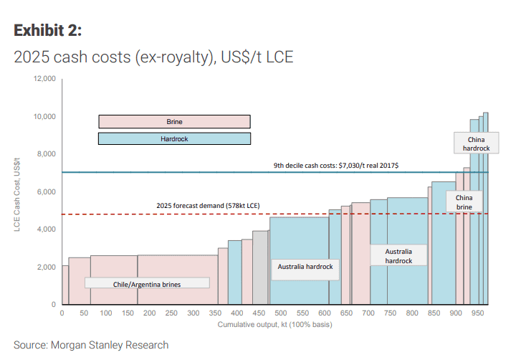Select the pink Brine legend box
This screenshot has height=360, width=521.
pyautogui.click(x=174, y=121)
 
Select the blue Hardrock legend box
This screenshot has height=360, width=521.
pyautogui.click(x=174, y=138)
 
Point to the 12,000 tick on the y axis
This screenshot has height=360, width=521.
pyautogui.click(x=44, y=79)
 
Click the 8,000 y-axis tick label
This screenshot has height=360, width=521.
pyautogui.click(x=46, y=154)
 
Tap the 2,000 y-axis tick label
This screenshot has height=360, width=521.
pyautogui.click(x=46, y=267)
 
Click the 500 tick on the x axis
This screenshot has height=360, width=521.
pyautogui.click(x=280, y=313)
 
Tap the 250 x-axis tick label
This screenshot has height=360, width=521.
pyautogui.click(x=171, y=313)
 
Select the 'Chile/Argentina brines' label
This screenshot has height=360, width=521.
pyautogui.click(x=147, y=284)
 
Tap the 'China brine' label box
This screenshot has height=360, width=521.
pyautogui.click(x=464, y=202)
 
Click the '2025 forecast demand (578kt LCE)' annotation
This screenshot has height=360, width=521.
pyautogui.click(x=208, y=206)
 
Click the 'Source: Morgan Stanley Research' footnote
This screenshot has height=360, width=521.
pyautogui.click(x=91, y=345)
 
